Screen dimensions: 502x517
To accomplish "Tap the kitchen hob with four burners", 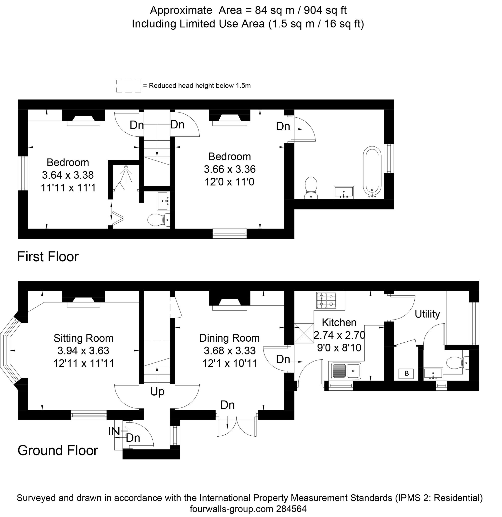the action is pyautogui.click(x=326, y=300).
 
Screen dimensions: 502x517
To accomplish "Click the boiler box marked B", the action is pyautogui.click(x=406, y=374).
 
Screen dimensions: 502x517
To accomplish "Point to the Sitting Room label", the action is pyautogui.click(x=84, y=338).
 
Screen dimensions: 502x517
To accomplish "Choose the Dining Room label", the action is pyautogui.click(x=229, y=338).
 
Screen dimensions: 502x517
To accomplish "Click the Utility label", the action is pyautogui.click(x=427, y=314).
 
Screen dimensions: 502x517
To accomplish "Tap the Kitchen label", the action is pyautogui.click(x=339, y=322).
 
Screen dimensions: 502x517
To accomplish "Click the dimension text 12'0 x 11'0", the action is pyautogui.click(x=229, y=182).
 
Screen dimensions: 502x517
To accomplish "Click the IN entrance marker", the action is pyautogui.click(x=114, y=431).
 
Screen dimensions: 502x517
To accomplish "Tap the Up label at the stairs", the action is pyautogui.click(x=157, y=392).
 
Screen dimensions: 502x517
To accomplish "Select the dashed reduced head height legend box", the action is pyautogui.click(x=129, y=86).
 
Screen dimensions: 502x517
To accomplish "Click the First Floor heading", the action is pyautogui.click(x=48, y=256).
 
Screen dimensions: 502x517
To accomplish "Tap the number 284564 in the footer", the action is pyautogui.click(x=291, y=508).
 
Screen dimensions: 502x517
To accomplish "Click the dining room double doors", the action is pyautogui.click(x=236, y=426).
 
